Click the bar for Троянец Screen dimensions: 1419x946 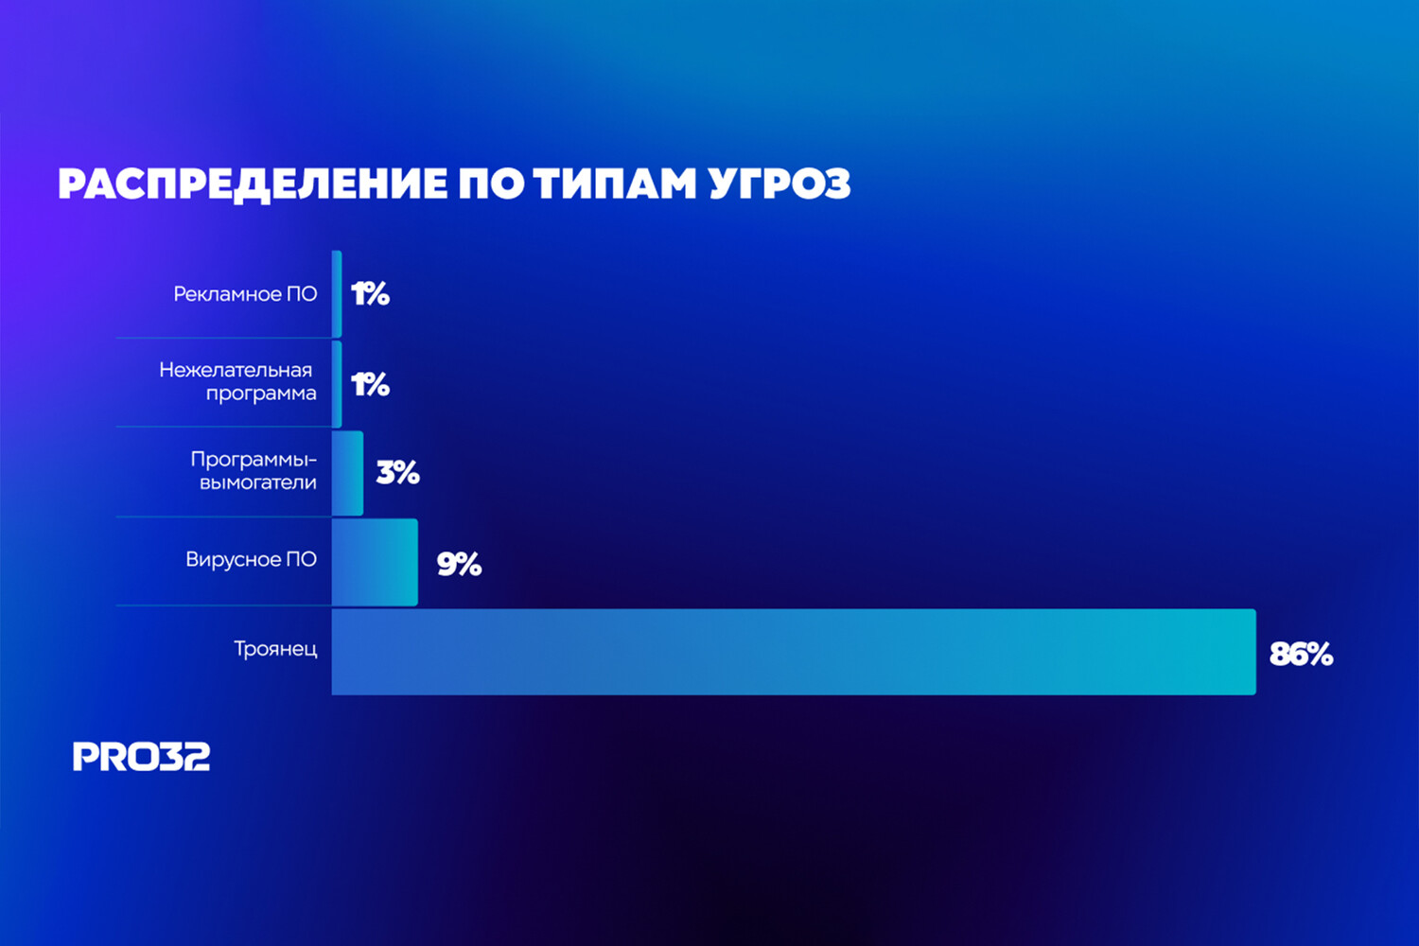point(793,652)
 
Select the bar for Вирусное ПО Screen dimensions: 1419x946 point(375,562)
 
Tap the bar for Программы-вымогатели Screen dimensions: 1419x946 point(347,473)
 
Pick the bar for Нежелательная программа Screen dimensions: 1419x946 point(337,384)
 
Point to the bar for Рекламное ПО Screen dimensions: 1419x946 point(337,294)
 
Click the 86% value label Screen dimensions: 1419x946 point(1301,655)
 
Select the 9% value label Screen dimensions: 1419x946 point(459,564)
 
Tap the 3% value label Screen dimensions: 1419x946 point(398,473)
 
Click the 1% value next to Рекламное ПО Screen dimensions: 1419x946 point(371,294)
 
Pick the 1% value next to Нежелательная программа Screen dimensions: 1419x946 point(371,385)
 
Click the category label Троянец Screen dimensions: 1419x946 point(275,650)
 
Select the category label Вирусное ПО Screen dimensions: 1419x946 point(251,559)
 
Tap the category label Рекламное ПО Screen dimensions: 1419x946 point(245,294)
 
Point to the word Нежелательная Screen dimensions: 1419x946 point(236,370)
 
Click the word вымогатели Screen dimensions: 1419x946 point(258,482)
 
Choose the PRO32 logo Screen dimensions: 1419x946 point(141,757)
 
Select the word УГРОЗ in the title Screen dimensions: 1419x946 point(780,184)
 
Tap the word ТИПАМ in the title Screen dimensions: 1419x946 point(615,184)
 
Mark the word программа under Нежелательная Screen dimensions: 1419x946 point(261,394)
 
